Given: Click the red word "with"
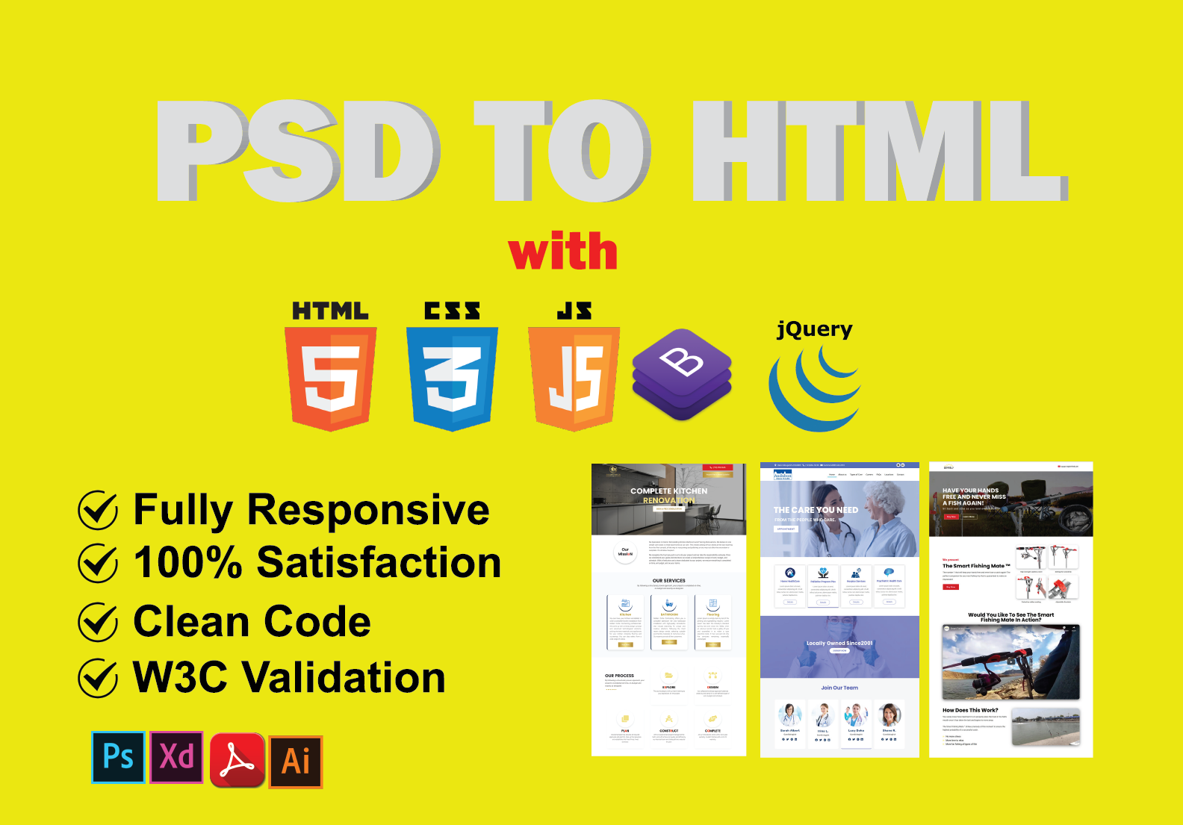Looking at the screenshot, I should [563, 252].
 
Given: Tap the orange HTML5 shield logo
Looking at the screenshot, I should [331, 379].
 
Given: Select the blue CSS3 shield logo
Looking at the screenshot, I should [452, 379].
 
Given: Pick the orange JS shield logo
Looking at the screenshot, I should [574, 379].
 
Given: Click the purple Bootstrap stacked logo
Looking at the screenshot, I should [682, 374].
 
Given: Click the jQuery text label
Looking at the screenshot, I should [814, 329].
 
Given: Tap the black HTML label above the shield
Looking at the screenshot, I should [330, 311].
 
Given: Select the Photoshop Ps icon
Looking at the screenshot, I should [118, 757].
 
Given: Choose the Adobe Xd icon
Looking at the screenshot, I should [176, 757].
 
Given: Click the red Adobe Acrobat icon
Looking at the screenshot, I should [237, 760].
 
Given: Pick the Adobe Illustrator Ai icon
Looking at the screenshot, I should [296, 762].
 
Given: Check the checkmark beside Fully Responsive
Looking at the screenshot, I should [98, 511].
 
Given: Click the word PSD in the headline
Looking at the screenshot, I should [299, 152].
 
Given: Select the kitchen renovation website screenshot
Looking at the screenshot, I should [668, 609].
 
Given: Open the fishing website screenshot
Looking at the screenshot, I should [1010, 609].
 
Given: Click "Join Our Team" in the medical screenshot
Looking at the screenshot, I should [839, 688].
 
